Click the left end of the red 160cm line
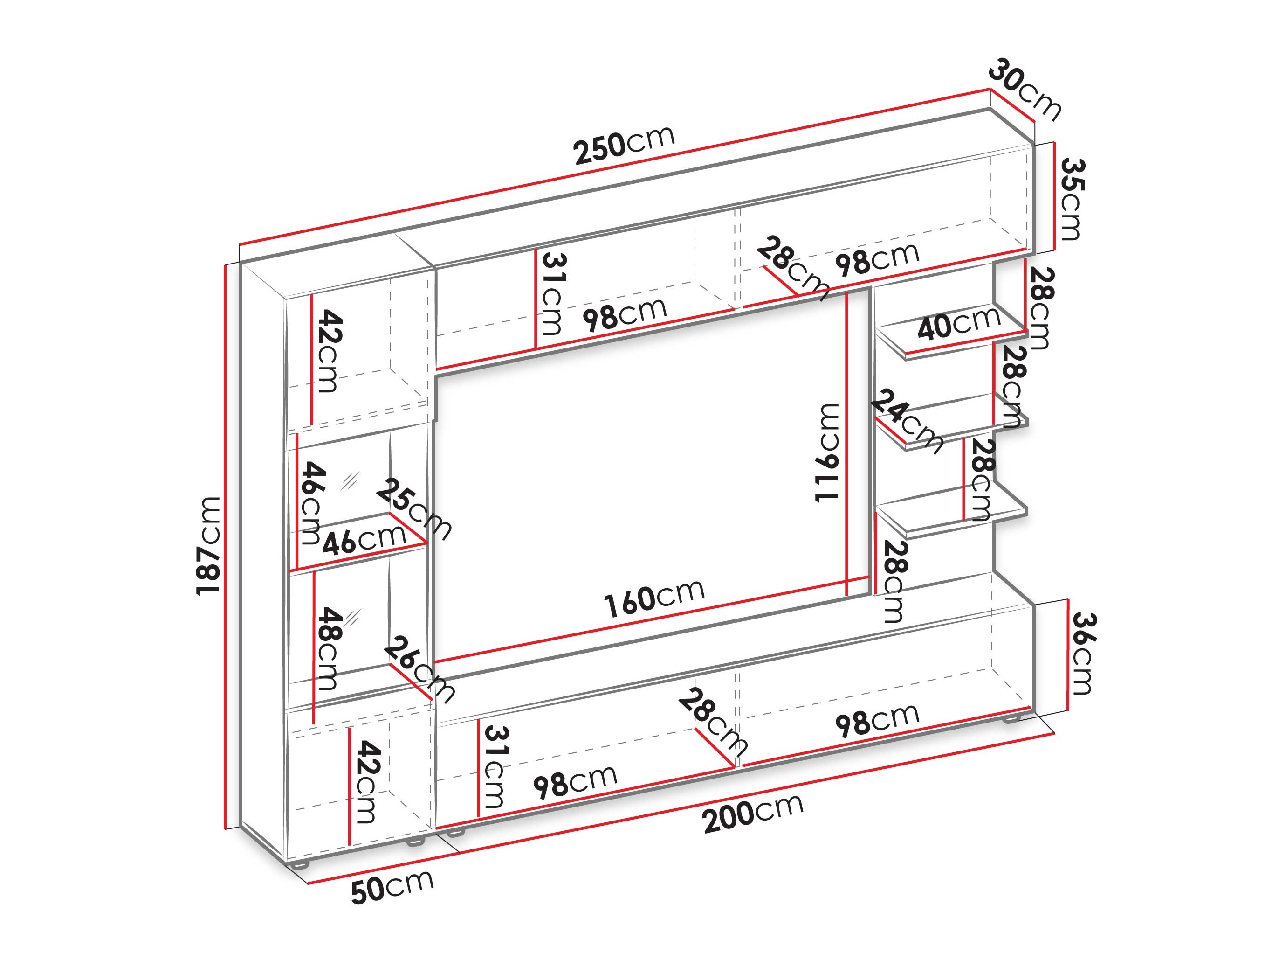point(435,661)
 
